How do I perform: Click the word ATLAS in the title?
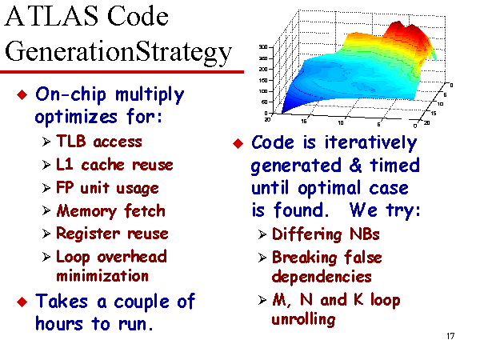pyautogui.click(x=51, y=16)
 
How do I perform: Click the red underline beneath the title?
pyautogui.click(x=122, y=72)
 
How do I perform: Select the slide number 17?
pyautogui.click(x=450, y=336)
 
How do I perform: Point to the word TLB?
pyautogui.click(x=70, y=142)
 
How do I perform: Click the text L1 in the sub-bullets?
pyautogui.click(x=65, y=164)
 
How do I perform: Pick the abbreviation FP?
pyautogui.click(x=65, y=187)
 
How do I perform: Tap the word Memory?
pyautogui.click(x=86, y=211)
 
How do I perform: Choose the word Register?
pyautogui.click(x=88, y=234)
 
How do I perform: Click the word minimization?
pyautogui.click(x=102, y=276)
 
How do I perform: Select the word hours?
pyautogui.click(x=59, y=323)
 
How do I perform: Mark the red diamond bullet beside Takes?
pyautogui.click(x=22, y=302)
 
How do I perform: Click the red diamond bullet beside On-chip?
pyautogui.click(x=22, y=94)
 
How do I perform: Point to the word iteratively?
pyautogui.click(x=370, y=143)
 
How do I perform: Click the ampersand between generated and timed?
pyautogui.click(x=355, y=166)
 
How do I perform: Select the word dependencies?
pyautogui.click(x=322, y=277)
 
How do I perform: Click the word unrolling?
pyautogui.click(x=303, y=320)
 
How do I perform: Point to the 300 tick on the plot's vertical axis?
pyautogui.click(x=263, y=47)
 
